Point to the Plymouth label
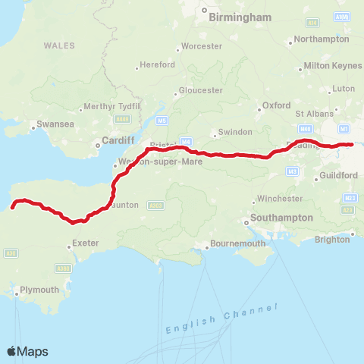(x=39, y=290)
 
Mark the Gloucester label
(x=202, y=90)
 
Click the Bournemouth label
(x=239, y=244)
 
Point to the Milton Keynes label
(x=332, y=66)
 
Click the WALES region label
(x=59, y=45)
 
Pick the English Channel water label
(x=221, y=319)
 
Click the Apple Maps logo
(x=28, y=351)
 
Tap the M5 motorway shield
(x=162, y=120)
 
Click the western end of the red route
(x=13, y=206)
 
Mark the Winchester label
(x=281, y=199)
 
